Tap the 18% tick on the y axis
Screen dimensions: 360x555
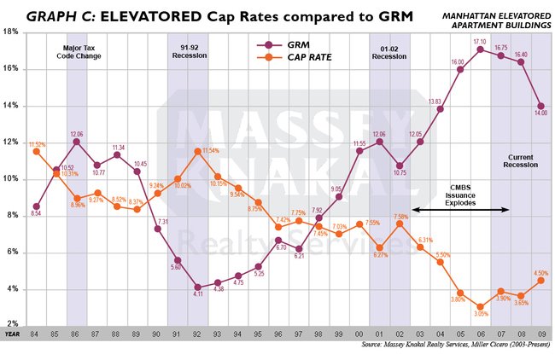tap(13, 32)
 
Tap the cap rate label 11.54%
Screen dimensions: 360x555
tap(210, 151)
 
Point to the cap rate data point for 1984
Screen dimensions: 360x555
tap(36, 152)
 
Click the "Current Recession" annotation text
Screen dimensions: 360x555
tap(520, 162)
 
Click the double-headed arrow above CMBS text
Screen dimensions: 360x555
tap(461, 209)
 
